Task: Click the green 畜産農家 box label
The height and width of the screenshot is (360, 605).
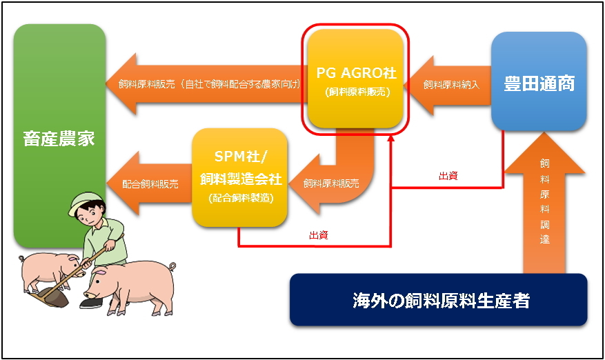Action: tap(59, 139)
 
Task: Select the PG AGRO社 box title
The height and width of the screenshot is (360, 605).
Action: tap(356, 72)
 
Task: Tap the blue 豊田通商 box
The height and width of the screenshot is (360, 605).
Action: tap(539, 81)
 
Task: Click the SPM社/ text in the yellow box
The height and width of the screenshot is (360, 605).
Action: tap(240, 157)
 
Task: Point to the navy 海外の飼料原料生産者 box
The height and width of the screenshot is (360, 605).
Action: tap(438, 300)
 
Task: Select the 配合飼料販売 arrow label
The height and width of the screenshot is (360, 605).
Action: tap(150, 184)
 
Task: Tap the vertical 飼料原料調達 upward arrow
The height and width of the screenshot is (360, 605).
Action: tap(544, 203)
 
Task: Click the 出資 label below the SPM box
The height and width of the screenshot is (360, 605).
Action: tap(319, 235)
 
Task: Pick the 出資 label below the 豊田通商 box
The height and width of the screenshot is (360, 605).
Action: tap(448, 176)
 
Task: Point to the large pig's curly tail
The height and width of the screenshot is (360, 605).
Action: tap(171, 267)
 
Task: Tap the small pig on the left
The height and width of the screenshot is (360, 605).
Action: tap(48, 271)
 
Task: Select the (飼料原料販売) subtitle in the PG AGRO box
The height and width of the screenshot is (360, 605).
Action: tap(357, 92)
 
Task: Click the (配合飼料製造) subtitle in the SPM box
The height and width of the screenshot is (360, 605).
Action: tap(241, 198)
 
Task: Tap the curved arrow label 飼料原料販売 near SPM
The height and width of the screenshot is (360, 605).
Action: tap(331, 183)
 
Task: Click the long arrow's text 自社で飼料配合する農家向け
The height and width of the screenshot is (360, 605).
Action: tap(242, 84)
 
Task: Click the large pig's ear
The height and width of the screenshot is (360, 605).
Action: tap(99, 272)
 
